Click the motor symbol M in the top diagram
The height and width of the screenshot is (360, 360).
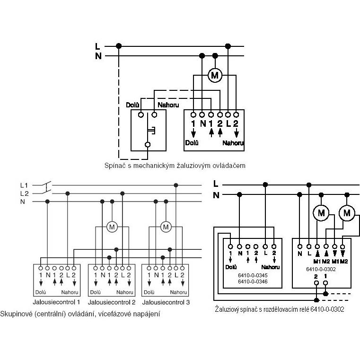point(215,75)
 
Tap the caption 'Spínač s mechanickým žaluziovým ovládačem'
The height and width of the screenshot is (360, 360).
point(175,166)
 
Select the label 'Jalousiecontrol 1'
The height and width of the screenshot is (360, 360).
point(56,302)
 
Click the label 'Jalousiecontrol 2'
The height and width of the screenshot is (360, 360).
point(112,302)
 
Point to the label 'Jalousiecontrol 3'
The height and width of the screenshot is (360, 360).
point(166,302)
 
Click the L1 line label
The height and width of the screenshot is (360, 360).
point(24,185)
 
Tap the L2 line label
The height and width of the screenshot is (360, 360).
point(24,194)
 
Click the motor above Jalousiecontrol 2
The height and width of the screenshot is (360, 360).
point(112,227)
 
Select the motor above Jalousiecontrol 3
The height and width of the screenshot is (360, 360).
point(166,227)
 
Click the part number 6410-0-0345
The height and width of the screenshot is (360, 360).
point(253,275)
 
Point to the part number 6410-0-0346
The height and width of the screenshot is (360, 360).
point(253,281)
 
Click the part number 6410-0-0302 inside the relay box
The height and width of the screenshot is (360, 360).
point(321,269)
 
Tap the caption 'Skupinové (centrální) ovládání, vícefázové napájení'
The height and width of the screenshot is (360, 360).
point(80,314)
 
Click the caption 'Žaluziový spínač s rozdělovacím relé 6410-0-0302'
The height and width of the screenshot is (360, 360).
point(280,309)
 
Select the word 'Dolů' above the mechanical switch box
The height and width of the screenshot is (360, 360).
point(133,105)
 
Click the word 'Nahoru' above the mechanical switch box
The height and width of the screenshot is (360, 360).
point(168,105)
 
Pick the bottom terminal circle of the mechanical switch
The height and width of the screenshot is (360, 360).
point(148,145)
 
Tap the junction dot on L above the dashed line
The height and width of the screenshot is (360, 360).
point(119,46)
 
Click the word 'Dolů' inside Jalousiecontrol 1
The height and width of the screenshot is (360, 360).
point(41,292)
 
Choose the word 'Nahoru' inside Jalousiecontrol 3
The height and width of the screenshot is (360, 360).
point(178,292)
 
